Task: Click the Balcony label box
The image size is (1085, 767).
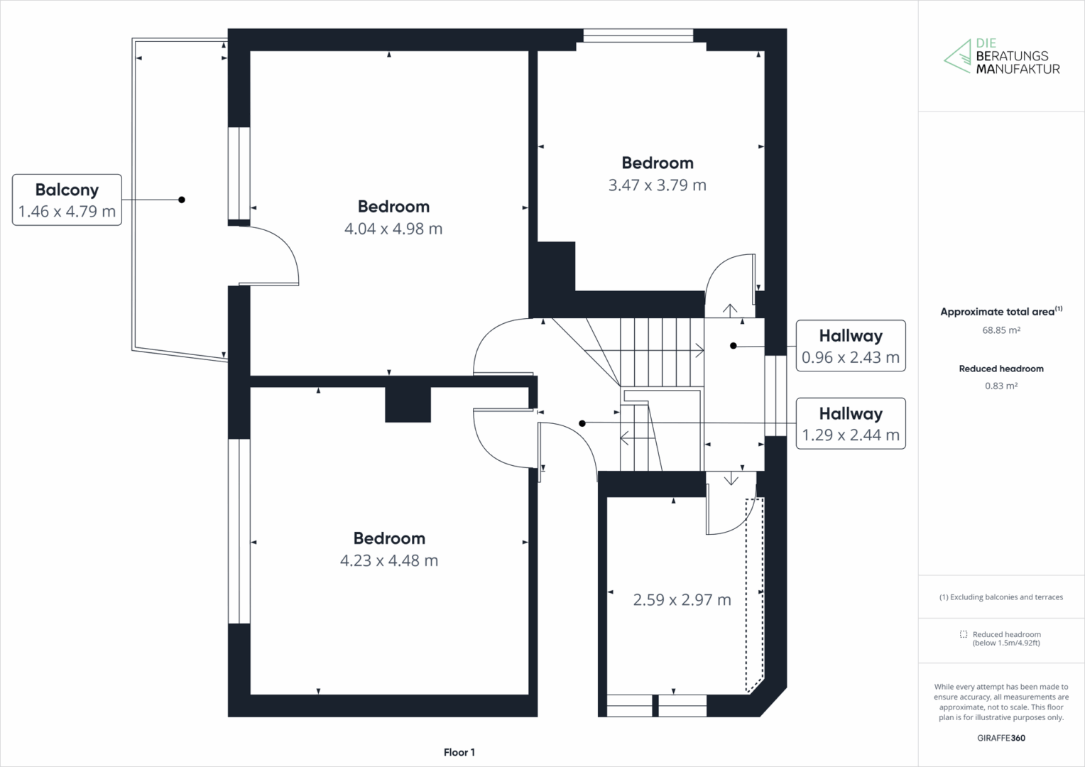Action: pyautogui.click(x=67, y=200)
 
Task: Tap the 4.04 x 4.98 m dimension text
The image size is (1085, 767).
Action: pyautogui.click(x=393, y=229)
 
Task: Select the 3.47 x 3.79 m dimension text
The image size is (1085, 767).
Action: pyautogui.click(x=658, y=185)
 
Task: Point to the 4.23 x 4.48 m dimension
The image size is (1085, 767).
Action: pyautogui.click(x=389, y=560)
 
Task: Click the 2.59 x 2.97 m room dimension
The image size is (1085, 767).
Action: pyautogui.click(x=682, y=600)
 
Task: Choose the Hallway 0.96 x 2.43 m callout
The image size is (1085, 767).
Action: pyautogui.click(x=851, y=345)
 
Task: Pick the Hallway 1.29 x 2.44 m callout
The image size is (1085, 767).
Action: pyautogui.click(x=851, y=423)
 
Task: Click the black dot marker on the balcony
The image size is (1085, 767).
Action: pyautogui.click(x=182, y=200)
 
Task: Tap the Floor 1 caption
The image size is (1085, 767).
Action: pyautogui.click(x=459, y=753)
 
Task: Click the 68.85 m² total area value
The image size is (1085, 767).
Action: pyautogui.click(x=1001, y=330)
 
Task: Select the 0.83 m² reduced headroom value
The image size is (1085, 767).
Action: pyautogui.click(x=1001, y=386)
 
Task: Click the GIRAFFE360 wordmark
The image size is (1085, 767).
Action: pyautogui.click(x=1001, y=738)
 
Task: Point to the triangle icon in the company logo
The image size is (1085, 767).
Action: pyautogui.click(x=957, y=58)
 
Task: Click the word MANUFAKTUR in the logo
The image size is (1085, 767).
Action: pyautogui.click(x=1018, y=70)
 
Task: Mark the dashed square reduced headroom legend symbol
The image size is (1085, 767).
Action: pyautogui.click(x=964, y=634)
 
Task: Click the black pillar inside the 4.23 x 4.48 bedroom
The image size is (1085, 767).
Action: pyautogui.click(x=408, y=405)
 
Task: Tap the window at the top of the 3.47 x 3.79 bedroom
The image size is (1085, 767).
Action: pyautogui.click(x=638, y=36)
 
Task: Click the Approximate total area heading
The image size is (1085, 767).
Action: pyautogui.click(x=1001, y=312)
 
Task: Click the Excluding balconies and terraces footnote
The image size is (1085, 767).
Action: pyautogui.click(x=1001, y=597)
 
